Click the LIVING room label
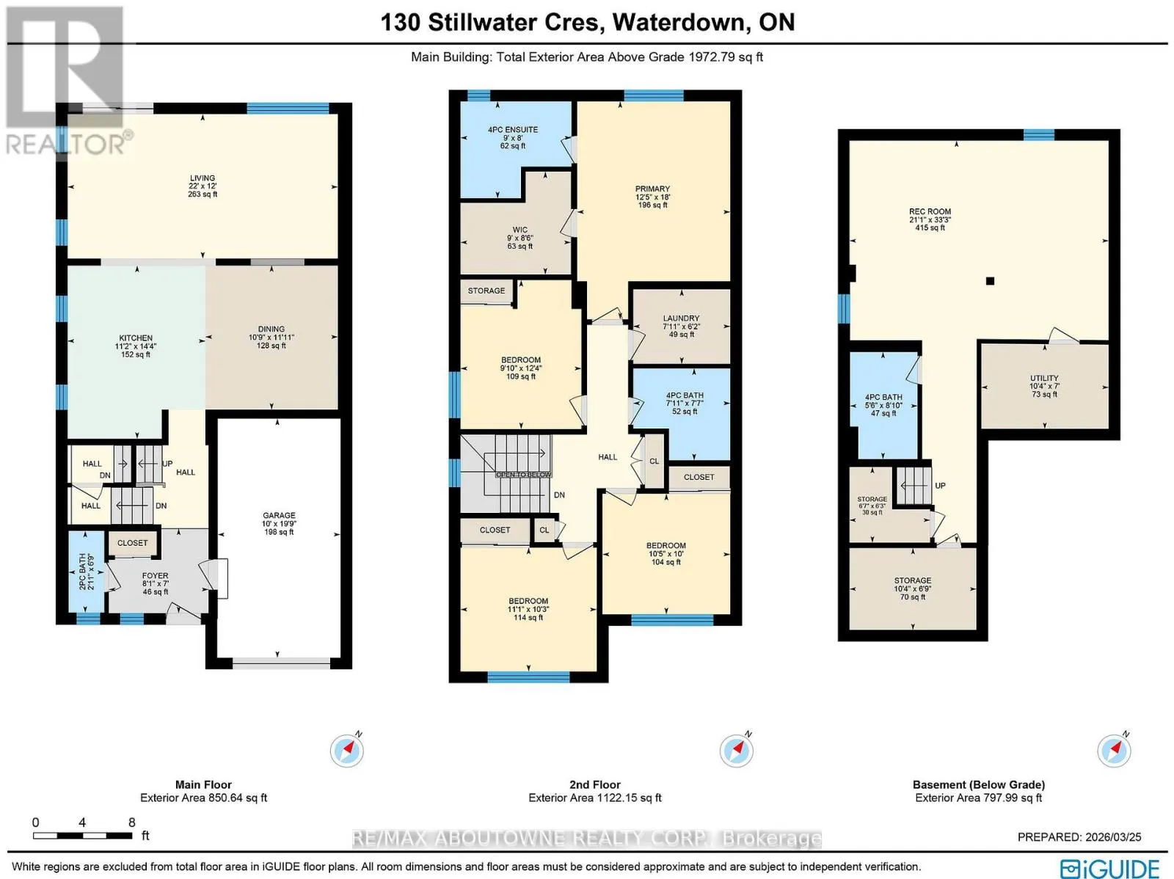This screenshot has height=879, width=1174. tap(203, 178)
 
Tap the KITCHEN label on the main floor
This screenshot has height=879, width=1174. tap(135, 338)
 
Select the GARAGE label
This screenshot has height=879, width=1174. tap(279, 515)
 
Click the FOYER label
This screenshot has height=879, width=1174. tap(155, 576)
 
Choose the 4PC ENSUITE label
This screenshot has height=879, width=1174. tap(512, 129)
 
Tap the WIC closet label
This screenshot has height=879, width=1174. tap(519, 230)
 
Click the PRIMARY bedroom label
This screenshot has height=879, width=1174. tap(652, 189)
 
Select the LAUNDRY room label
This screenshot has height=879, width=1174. tap(681, 318)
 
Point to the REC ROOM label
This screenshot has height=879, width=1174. tap(930, 212)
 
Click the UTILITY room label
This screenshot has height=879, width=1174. tap(1044, 378)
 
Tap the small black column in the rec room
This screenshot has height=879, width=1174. tap(990, 281)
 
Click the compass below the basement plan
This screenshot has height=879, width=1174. tap(1114, 750)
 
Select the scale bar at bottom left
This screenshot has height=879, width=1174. tap(82, 835)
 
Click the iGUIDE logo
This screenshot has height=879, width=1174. tap(1110, 867)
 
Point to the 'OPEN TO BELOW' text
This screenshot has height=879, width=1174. tap(524, 475)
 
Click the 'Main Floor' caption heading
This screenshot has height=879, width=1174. tap(203, 785)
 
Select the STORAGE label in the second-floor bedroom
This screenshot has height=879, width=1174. tap(486, 291)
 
